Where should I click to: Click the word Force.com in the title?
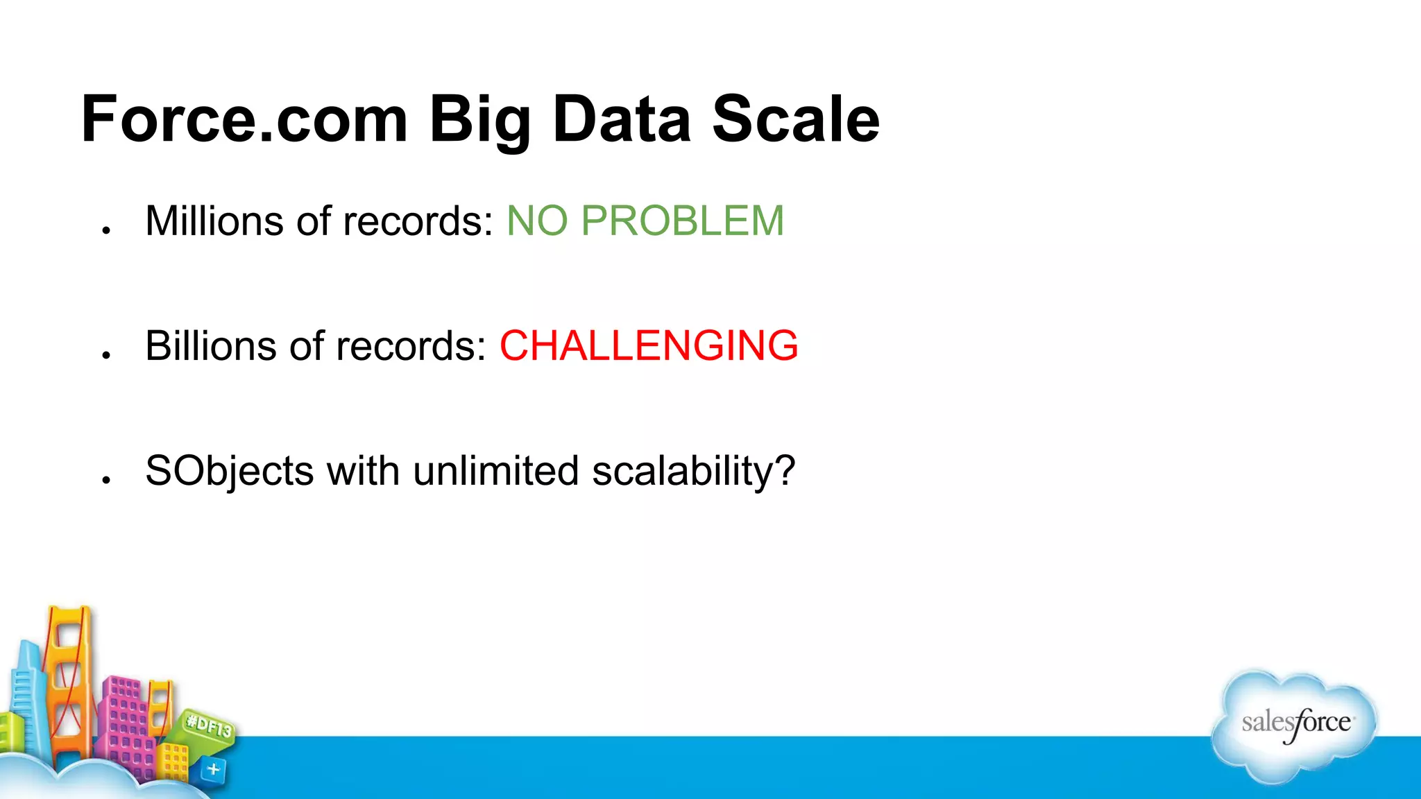(244, 119)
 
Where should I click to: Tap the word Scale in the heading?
(796, 119)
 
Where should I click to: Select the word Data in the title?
(621, 119)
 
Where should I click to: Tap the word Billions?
(211, 346)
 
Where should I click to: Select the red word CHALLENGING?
(649, 346)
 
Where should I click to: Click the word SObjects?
(229, 472)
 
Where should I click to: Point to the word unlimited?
(495, 471)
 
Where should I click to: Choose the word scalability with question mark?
(693, 472)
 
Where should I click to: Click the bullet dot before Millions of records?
(106, 230)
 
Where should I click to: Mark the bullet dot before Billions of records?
(106, 355)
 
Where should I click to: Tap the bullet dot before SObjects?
(106, 480)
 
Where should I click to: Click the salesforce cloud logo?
(1295, 725)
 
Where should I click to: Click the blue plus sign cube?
(213, 768)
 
